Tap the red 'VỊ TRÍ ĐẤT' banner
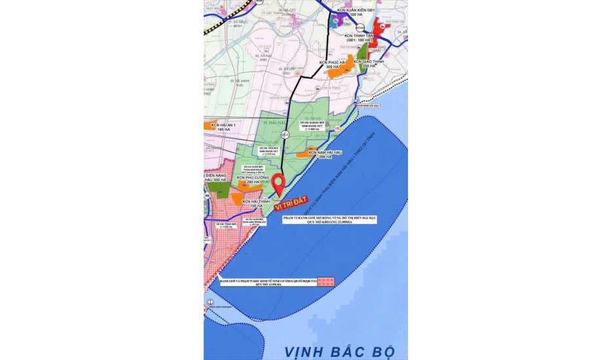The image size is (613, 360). point(290,205)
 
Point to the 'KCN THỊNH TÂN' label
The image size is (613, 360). point(359,37)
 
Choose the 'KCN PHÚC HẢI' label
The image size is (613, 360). point(332,64)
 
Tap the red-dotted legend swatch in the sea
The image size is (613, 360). point(327,281)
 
